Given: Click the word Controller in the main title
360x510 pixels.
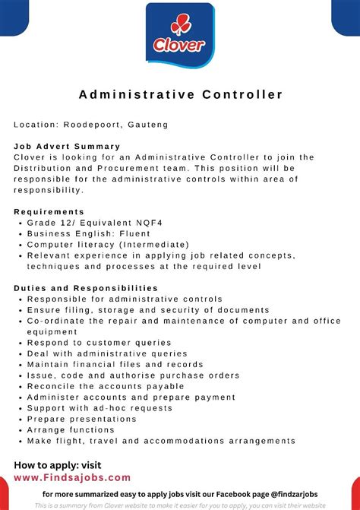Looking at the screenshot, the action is click(243, 95).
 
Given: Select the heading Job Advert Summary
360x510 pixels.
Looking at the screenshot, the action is click(67, 146).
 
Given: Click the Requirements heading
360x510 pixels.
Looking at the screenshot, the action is click(49, 211).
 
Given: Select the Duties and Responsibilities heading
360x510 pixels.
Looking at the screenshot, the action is click(86, 289).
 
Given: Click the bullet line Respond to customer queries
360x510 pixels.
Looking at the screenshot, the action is click(99, 343).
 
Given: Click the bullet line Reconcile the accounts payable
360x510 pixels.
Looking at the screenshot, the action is click(106, 386).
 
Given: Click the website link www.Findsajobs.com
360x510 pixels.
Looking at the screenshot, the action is click(72, 477).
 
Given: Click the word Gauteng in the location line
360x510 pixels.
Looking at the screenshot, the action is click(148, 124).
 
